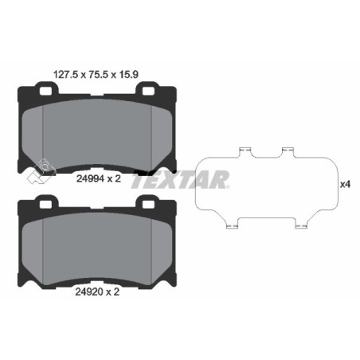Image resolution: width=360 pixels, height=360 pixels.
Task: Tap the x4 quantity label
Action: coord(345,184)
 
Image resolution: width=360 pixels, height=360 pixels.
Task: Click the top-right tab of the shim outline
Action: coord(288,150)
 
